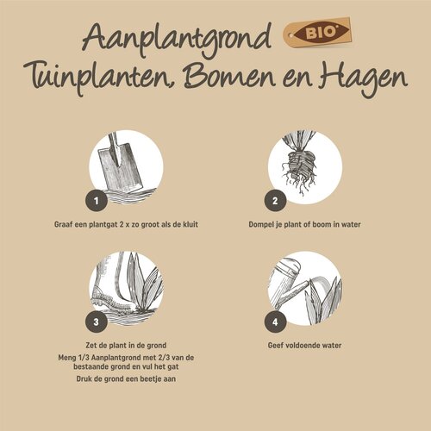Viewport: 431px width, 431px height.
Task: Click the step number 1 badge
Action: (x=97, y=203)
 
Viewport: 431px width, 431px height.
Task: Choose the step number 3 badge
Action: (x=97, y=321)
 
